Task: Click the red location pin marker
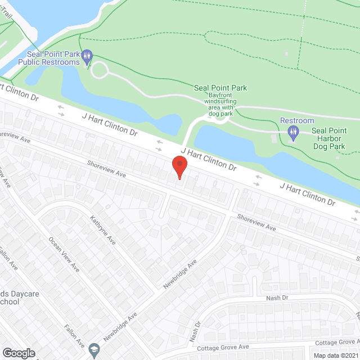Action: point(179,166)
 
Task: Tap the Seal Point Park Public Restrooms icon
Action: point(87,56)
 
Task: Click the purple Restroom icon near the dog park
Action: point(292,133)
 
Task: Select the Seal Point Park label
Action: point(220,88)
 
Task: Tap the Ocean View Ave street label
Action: point(63,255)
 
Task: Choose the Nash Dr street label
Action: point(277,298)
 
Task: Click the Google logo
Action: point(19,353)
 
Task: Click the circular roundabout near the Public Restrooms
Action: point(100,70)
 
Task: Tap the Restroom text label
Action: point(297,120)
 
